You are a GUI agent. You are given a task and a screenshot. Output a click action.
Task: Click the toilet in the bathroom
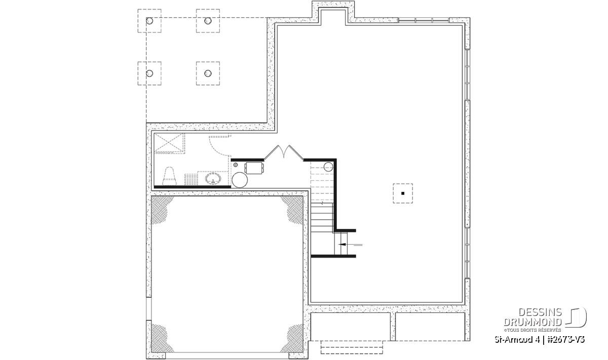(x=169, y=176)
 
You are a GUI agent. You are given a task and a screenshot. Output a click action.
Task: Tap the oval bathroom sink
(x=213, y=179)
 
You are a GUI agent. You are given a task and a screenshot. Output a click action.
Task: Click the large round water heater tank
(x=240, y=180)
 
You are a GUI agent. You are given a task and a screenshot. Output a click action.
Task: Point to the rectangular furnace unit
(x=254, y=168)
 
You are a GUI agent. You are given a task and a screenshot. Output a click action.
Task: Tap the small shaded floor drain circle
(x=235, y=165)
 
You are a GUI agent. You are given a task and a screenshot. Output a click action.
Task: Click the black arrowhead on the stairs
(x=343, y=245)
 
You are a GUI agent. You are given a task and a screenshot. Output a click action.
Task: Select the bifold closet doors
(x=284, y=152)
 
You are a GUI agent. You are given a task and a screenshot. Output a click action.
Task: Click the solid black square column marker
(x=403, y=193)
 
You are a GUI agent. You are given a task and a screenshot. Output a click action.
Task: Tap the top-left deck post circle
(x=149, y=21)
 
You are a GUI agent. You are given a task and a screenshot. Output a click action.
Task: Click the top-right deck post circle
(x=208, y=21)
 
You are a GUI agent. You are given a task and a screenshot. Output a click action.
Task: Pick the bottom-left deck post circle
(x=149, y=73)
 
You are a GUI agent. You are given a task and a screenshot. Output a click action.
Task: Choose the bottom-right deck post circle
(x=208, y=73)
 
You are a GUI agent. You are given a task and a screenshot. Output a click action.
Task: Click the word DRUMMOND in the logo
(x=533, y=322)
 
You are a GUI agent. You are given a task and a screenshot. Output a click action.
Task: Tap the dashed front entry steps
(x=352, y=347)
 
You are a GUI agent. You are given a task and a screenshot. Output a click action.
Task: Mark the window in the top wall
(x=424, y=20)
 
